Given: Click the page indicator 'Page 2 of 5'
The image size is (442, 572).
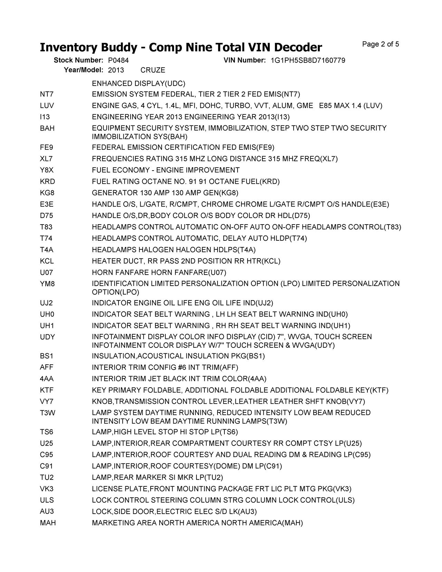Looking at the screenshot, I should tap(381, 44).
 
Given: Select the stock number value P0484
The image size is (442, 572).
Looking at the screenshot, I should tap(118, 60).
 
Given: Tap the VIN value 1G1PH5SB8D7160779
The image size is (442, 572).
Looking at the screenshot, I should tap(308, 60).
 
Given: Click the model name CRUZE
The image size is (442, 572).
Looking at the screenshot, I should tap(153, 70).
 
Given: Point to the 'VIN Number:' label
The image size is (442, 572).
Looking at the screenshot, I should tap(244, 60).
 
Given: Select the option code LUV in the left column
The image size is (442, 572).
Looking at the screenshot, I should tap(47, 106).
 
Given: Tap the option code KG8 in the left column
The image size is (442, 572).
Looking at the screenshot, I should tap(47, 193).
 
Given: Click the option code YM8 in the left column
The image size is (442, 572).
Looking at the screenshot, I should tap(47, 284).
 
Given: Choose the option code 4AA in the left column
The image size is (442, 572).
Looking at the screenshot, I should tap(47, 379).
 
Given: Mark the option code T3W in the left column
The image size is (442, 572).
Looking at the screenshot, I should tap(47, 413).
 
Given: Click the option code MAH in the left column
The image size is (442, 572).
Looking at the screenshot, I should tap(48, 523).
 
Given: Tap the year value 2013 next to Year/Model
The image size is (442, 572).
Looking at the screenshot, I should tap(116, 70).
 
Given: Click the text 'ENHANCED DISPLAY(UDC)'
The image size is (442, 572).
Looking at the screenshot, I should tap(138, 84).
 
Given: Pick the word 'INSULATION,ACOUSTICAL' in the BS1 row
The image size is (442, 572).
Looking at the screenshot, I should tap(137, 356).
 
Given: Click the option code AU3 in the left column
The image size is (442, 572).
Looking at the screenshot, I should tap(47, 512).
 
